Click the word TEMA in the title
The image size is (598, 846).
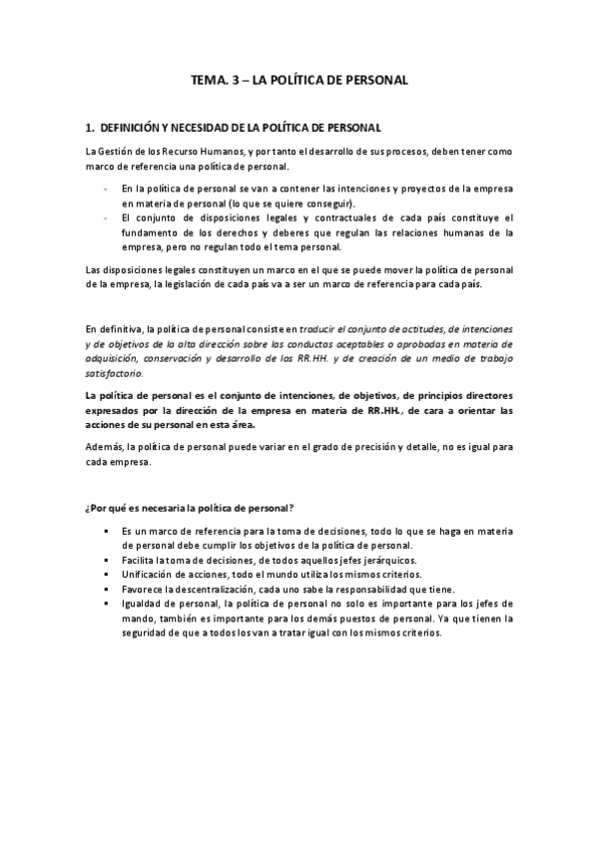(x=208, y=79)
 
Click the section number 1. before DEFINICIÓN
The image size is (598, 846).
(x=90, y=128)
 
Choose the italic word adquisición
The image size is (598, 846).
(x=111, y=359)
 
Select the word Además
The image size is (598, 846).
(x=104, y=447)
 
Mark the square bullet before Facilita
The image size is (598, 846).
(x=105, y=561)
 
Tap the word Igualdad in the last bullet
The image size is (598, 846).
(x=141, y=604)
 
